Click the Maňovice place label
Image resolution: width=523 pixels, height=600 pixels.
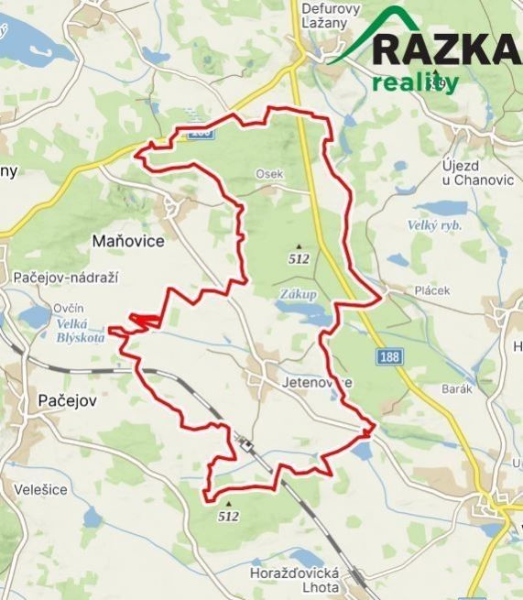(x=128, y=242)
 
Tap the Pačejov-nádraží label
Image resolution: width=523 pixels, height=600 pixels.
(x=67, y=277)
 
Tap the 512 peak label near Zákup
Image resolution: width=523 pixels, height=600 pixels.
(x=299, y=258)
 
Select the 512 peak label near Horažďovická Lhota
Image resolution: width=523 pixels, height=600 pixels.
(x=229, y=516)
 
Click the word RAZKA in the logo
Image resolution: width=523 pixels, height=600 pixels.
(x=446, y=48)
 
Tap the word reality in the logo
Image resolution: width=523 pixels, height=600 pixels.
(x=415, y=82)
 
